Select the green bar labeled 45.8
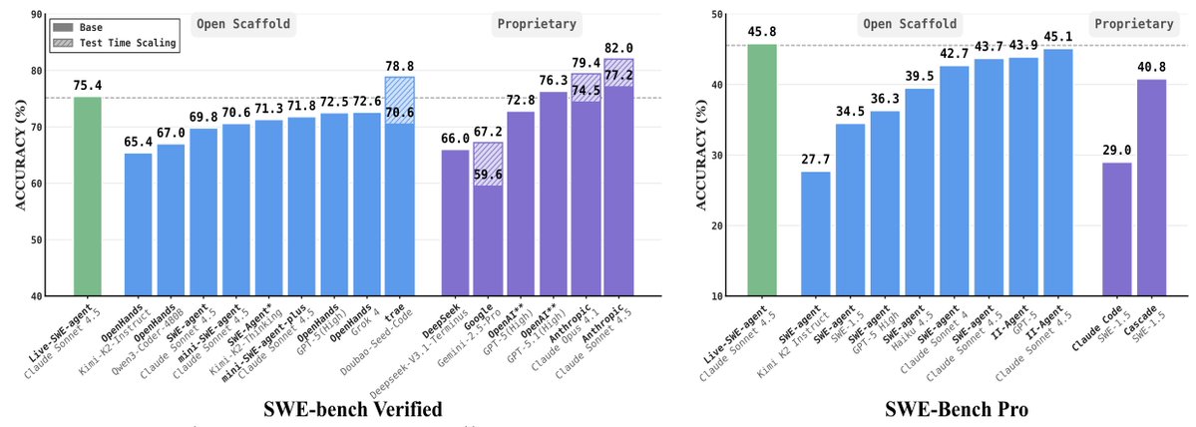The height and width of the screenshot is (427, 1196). (x=761, y=170)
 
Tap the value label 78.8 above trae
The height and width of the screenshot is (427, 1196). (x=399, y=66)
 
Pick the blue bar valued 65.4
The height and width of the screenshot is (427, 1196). (x=138, y=224)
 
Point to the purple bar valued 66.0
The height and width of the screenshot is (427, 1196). (x=455, y=222)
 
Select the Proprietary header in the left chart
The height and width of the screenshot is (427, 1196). (x=537, y=23)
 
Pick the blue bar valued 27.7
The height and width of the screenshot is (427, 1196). (x=814, y=233)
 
